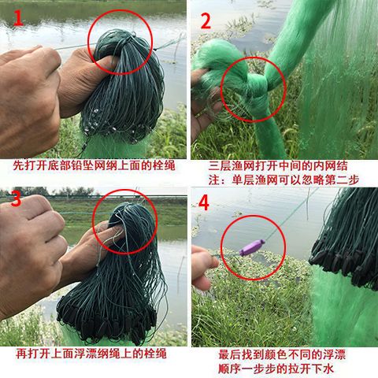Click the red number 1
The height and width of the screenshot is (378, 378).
18,17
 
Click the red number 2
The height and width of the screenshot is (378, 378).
206,20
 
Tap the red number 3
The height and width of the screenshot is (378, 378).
16,198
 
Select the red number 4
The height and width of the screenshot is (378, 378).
204,203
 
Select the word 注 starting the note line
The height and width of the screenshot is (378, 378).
213,180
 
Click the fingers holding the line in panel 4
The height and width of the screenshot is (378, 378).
203,265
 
